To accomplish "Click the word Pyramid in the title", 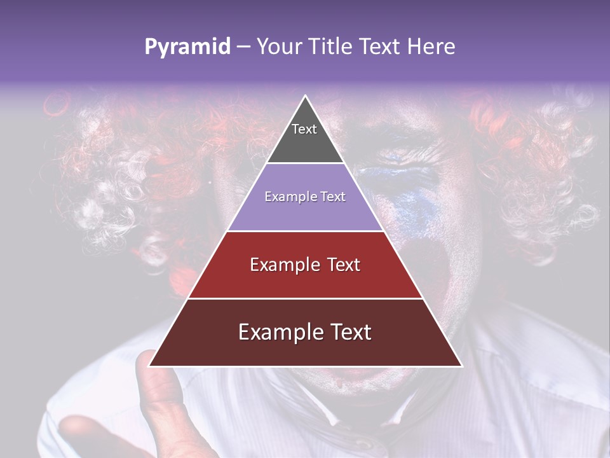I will coord(187,47).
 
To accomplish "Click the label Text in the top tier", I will coord(304,129).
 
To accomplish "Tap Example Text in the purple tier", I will coord(305,197).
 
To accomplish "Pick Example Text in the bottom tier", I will coord(305,332).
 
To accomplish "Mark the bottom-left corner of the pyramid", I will coord(150,366).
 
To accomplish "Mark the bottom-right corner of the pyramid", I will coord(461,366).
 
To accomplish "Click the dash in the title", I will coord(243,47).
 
